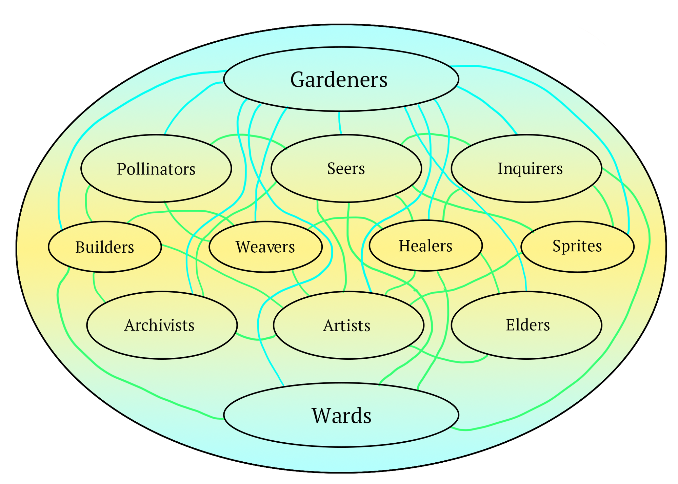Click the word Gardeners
click(339, 80)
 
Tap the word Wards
click(341, 416)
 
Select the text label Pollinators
click(156, 169)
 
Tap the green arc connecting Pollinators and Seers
click(247, 136)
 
